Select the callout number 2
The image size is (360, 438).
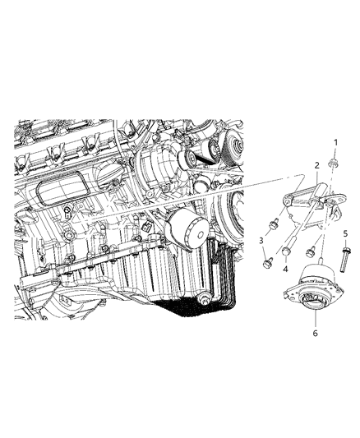pos(316,165)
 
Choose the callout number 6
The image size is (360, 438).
pos(316,333)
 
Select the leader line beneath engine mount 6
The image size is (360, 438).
pos(316,320)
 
